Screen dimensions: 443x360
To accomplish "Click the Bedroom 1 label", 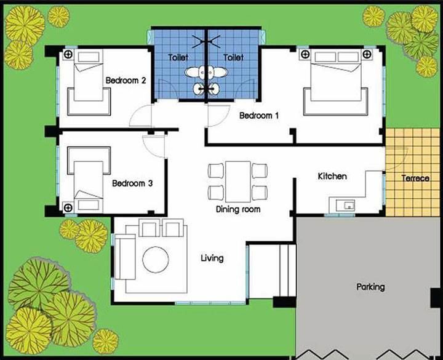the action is point(259,115).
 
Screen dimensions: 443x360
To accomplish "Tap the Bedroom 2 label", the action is point(126,80).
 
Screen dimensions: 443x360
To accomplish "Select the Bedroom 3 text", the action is point(132,183).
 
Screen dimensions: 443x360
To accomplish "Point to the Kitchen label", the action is point(332,177).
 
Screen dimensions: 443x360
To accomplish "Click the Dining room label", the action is point(238,209).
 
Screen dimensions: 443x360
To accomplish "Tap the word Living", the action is point(212,258).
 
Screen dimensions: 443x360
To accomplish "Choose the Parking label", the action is point(370,287).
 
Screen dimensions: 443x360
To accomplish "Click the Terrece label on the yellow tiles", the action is point(415,178).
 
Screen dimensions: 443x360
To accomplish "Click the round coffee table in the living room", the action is point(156,260).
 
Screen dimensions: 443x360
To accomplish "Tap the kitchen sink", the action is point(345,205).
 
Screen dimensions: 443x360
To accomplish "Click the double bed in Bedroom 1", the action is point(336,82).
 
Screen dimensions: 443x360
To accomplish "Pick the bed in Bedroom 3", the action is point(89,180).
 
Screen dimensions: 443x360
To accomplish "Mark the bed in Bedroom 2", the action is point(89,82).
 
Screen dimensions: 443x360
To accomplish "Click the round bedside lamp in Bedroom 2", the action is point(68,54).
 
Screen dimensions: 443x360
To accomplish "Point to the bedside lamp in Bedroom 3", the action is point(68,208).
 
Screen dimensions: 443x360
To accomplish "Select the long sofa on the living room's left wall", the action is point(125,257).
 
